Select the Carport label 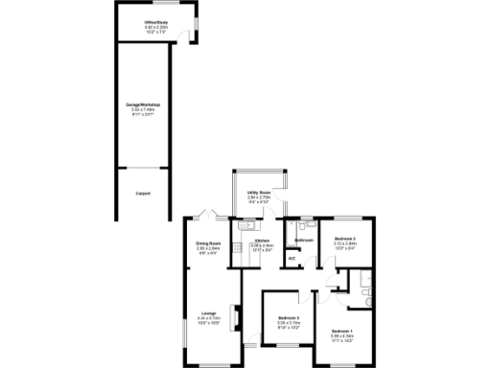pyautogui.click(x=142, y=193)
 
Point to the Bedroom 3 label pyautogui.click(x=289, y=318)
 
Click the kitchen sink pyautogui.click(x=246, y=226)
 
